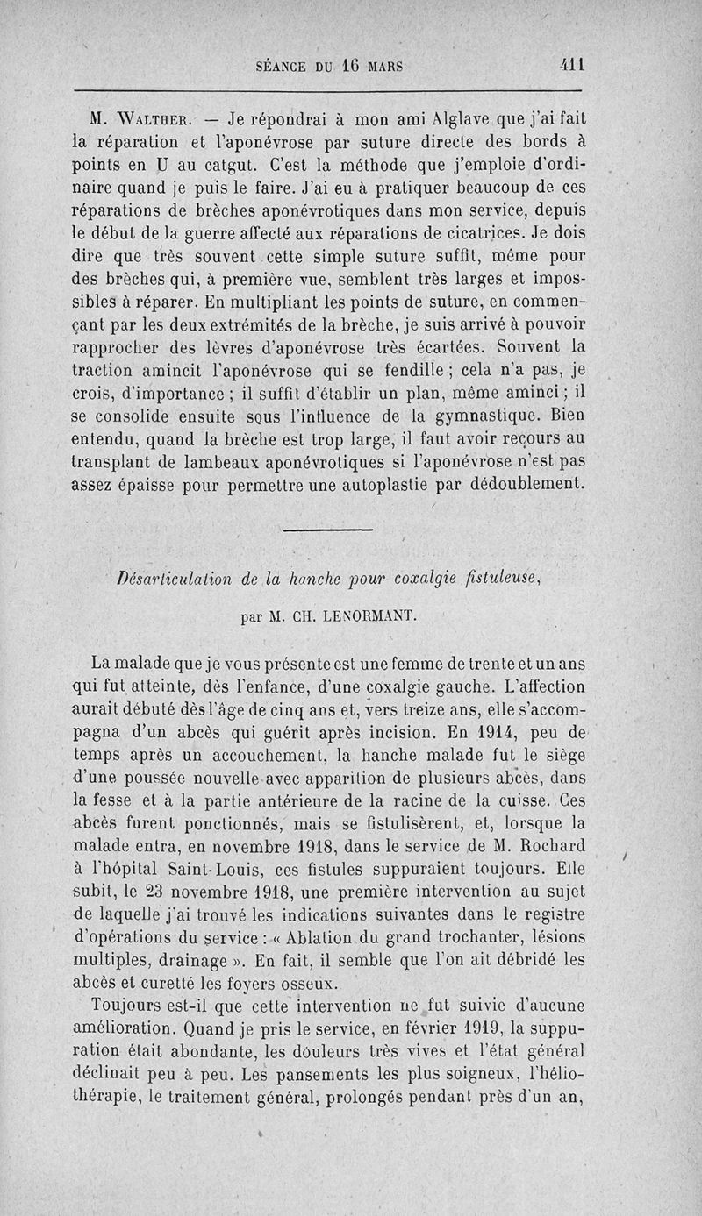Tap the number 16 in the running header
353,64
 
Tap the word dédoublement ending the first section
520,483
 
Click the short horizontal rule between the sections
329,529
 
